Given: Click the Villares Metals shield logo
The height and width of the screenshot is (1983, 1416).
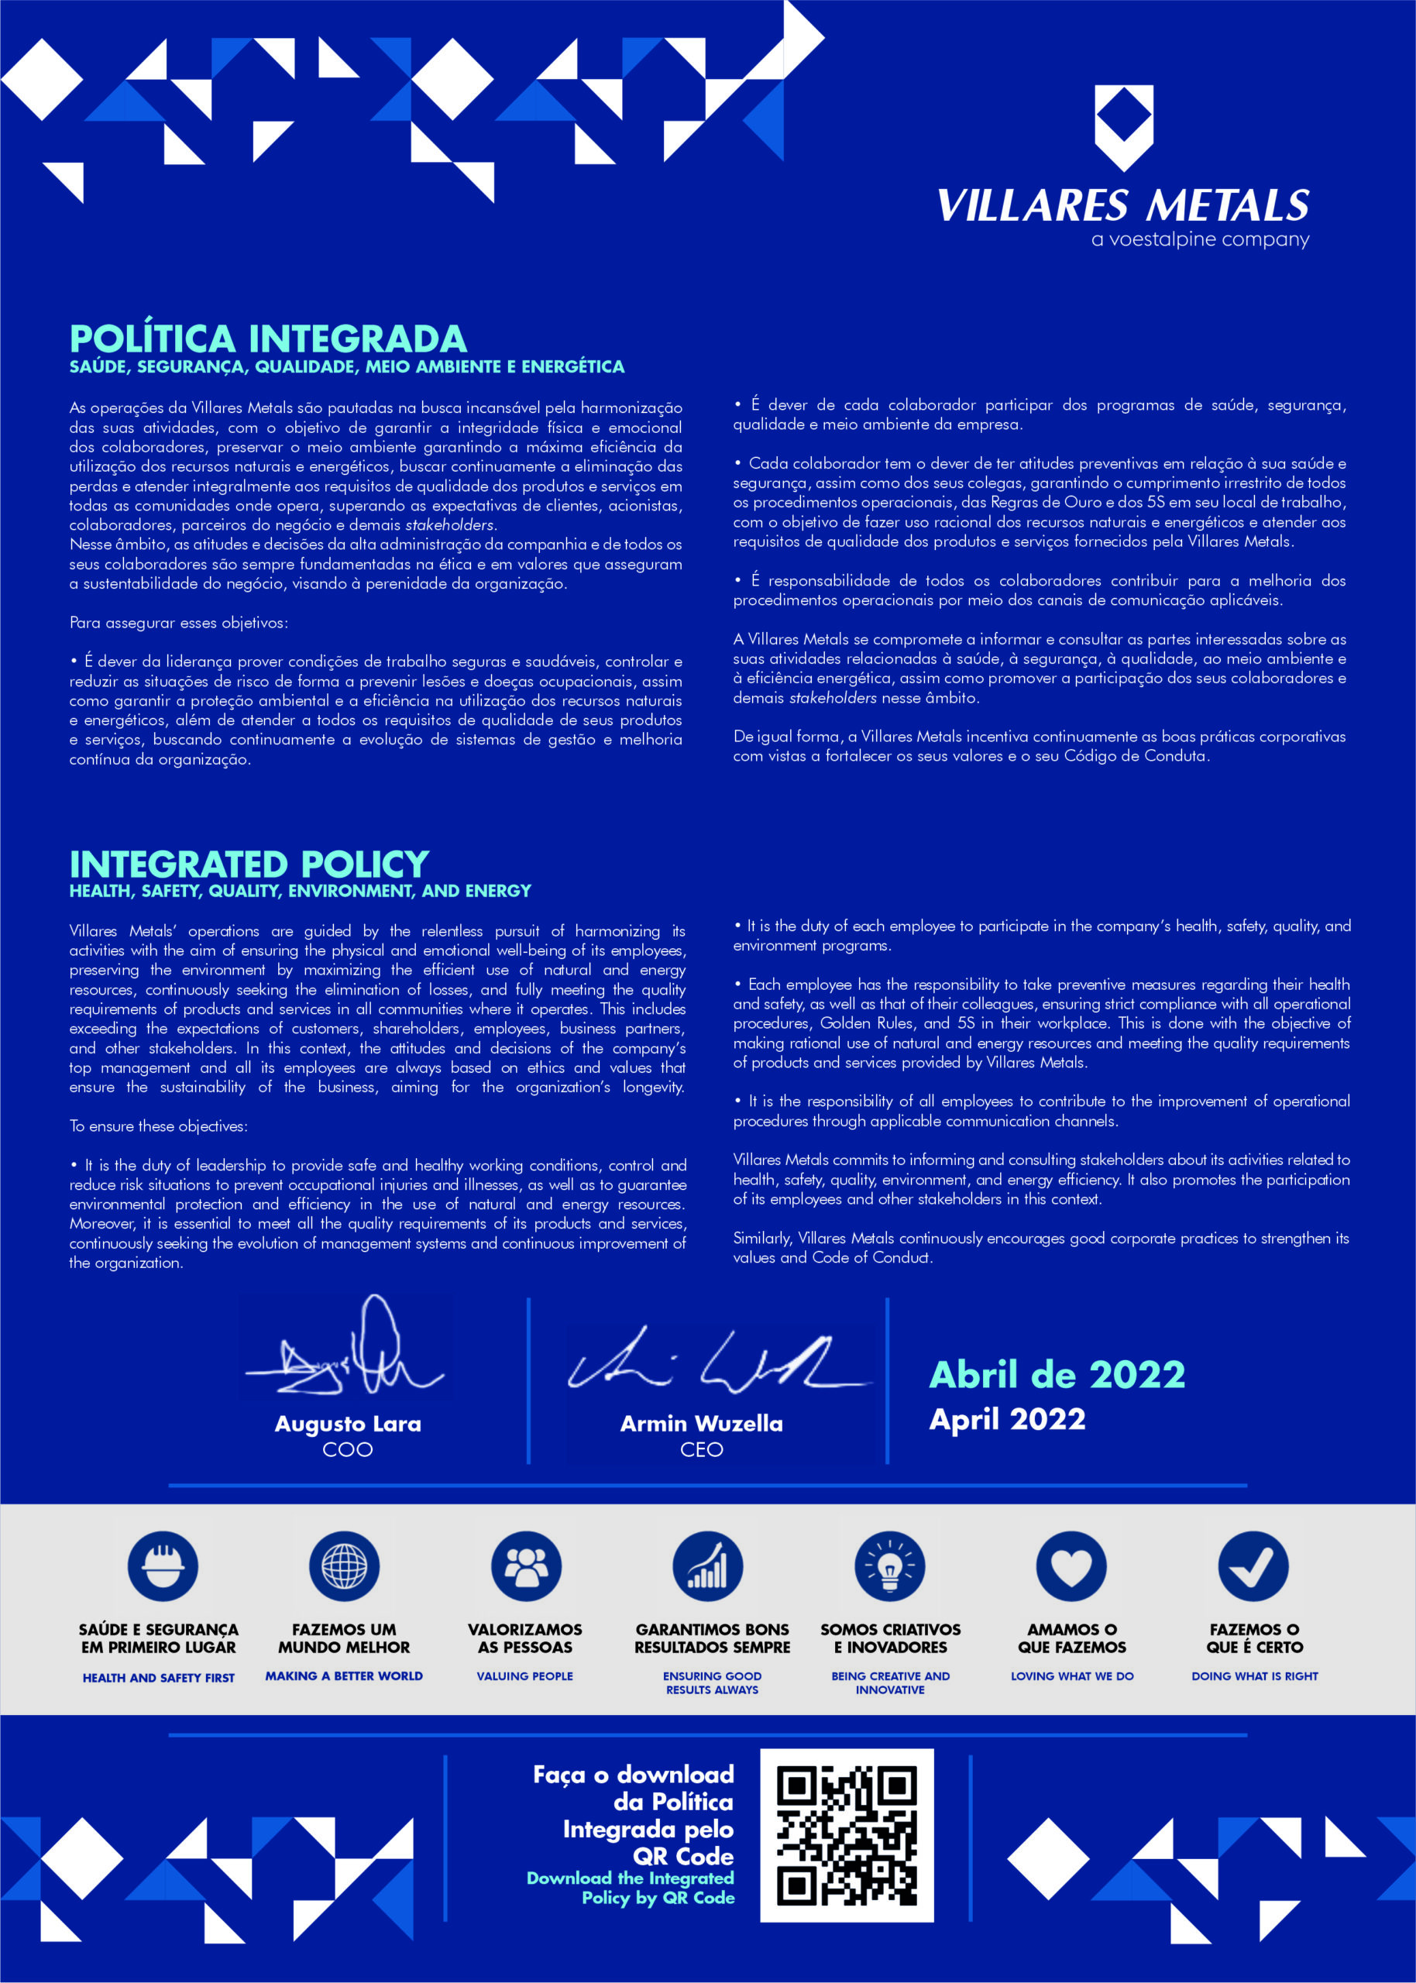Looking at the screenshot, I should click(x=1123, y=126).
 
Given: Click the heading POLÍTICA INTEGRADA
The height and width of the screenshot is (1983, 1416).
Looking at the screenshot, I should click(x=268, y=339).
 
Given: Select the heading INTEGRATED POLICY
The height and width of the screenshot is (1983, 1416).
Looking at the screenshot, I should click(x=249, y=864).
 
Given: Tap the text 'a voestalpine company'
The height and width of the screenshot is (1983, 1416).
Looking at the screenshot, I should click(x=1200, y=239).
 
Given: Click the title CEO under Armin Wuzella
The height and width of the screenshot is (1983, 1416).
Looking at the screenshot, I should click(x=701, y=1449).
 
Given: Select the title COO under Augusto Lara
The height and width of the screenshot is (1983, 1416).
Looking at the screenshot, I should click(x=347, y=1449).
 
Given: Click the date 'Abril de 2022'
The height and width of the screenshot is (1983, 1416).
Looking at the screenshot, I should click(x=1057, y=1375).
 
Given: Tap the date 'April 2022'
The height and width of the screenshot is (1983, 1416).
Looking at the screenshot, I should click(x=1007, y=1419).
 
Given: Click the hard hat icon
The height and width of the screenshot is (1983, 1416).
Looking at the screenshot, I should click(x=162, y=1566).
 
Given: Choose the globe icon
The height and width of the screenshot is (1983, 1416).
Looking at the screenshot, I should click(x=345, y=1566).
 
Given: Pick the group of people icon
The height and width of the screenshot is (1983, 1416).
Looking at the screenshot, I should click(x=526, y=1566).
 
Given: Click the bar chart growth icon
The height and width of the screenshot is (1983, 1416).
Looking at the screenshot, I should click(x=707, y=1566).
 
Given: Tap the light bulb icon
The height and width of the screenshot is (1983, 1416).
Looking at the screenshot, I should click(x=889, y=1566).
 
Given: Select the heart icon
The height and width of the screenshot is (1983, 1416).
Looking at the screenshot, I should click(x=1071, y=1566).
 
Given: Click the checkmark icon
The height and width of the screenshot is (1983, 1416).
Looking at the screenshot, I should click(x=1253, y=1566).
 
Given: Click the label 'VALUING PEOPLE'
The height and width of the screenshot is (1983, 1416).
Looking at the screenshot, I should click(x=525, y=1675).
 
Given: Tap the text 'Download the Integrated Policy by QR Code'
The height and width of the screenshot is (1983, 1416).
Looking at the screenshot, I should click(x=631, y=1888).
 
